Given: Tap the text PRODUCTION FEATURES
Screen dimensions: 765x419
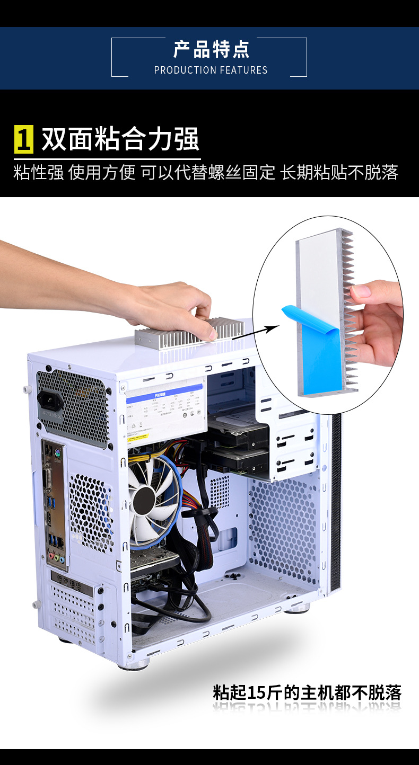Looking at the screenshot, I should point(211,70).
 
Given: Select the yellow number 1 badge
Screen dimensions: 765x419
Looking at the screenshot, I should point(24,139).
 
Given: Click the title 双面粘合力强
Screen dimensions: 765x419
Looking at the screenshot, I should point(120,139).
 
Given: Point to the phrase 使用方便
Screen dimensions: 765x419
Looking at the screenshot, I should point(102,172).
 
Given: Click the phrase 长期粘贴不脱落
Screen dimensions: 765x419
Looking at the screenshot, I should point(339,172).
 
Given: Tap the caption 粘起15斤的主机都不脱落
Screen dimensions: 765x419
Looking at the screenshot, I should point(307,692).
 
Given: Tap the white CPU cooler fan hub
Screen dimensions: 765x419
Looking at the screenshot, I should point(142,499).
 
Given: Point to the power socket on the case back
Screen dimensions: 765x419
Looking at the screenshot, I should point(50,401).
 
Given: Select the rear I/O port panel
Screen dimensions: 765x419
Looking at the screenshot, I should point(55,503).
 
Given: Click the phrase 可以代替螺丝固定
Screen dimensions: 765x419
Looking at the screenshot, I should point(208,172).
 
